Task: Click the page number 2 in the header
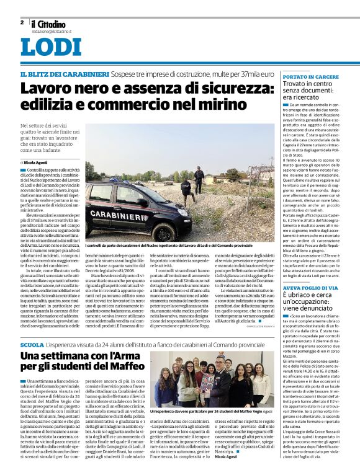(22, 22)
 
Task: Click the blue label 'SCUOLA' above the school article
(32, 344)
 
